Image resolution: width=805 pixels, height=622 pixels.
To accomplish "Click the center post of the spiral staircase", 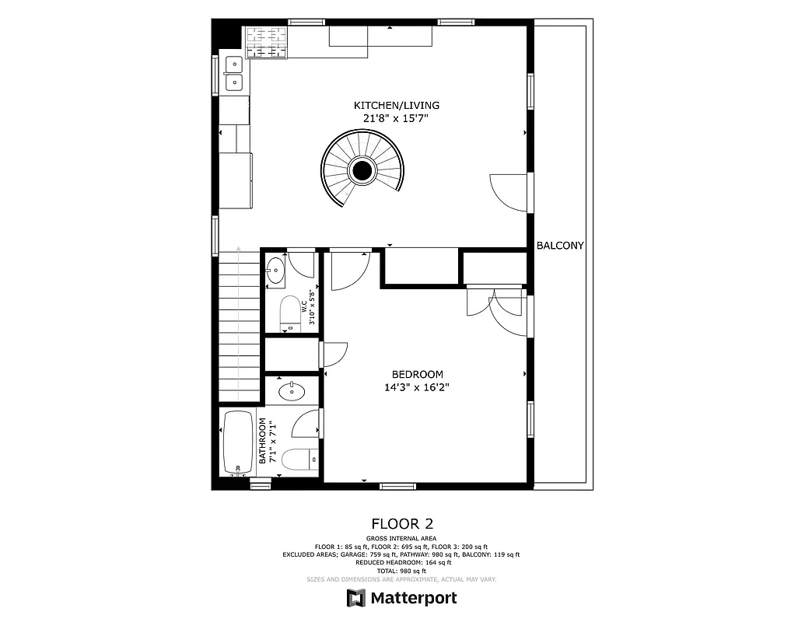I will pos(362,169).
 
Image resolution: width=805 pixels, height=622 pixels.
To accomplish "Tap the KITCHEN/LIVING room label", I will pos(397,105).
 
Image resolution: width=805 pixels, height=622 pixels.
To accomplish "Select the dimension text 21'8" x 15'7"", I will pos(397,118).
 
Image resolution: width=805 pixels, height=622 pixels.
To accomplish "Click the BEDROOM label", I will pos(417,374).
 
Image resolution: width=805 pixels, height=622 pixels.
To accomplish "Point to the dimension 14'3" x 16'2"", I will pos(417,387).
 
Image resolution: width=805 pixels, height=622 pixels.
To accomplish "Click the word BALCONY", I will pos(560,246).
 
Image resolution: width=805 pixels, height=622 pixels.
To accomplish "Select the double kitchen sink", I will pos(233,75).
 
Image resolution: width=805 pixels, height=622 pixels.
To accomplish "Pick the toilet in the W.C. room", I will pos(289,314).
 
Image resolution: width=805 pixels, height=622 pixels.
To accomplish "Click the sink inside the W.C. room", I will pos(275,271).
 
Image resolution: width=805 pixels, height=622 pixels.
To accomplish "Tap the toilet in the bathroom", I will pos(297,460).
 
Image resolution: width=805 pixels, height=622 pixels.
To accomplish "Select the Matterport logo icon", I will pos(356,598).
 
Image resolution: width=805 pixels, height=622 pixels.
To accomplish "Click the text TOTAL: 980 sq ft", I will pos(402,571).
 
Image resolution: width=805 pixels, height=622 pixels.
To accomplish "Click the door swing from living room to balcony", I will pos(509,191).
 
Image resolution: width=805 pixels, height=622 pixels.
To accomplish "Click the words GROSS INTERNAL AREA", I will pos(401,539).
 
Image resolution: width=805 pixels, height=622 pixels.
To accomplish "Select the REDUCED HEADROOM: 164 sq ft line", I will pos(402,563).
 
